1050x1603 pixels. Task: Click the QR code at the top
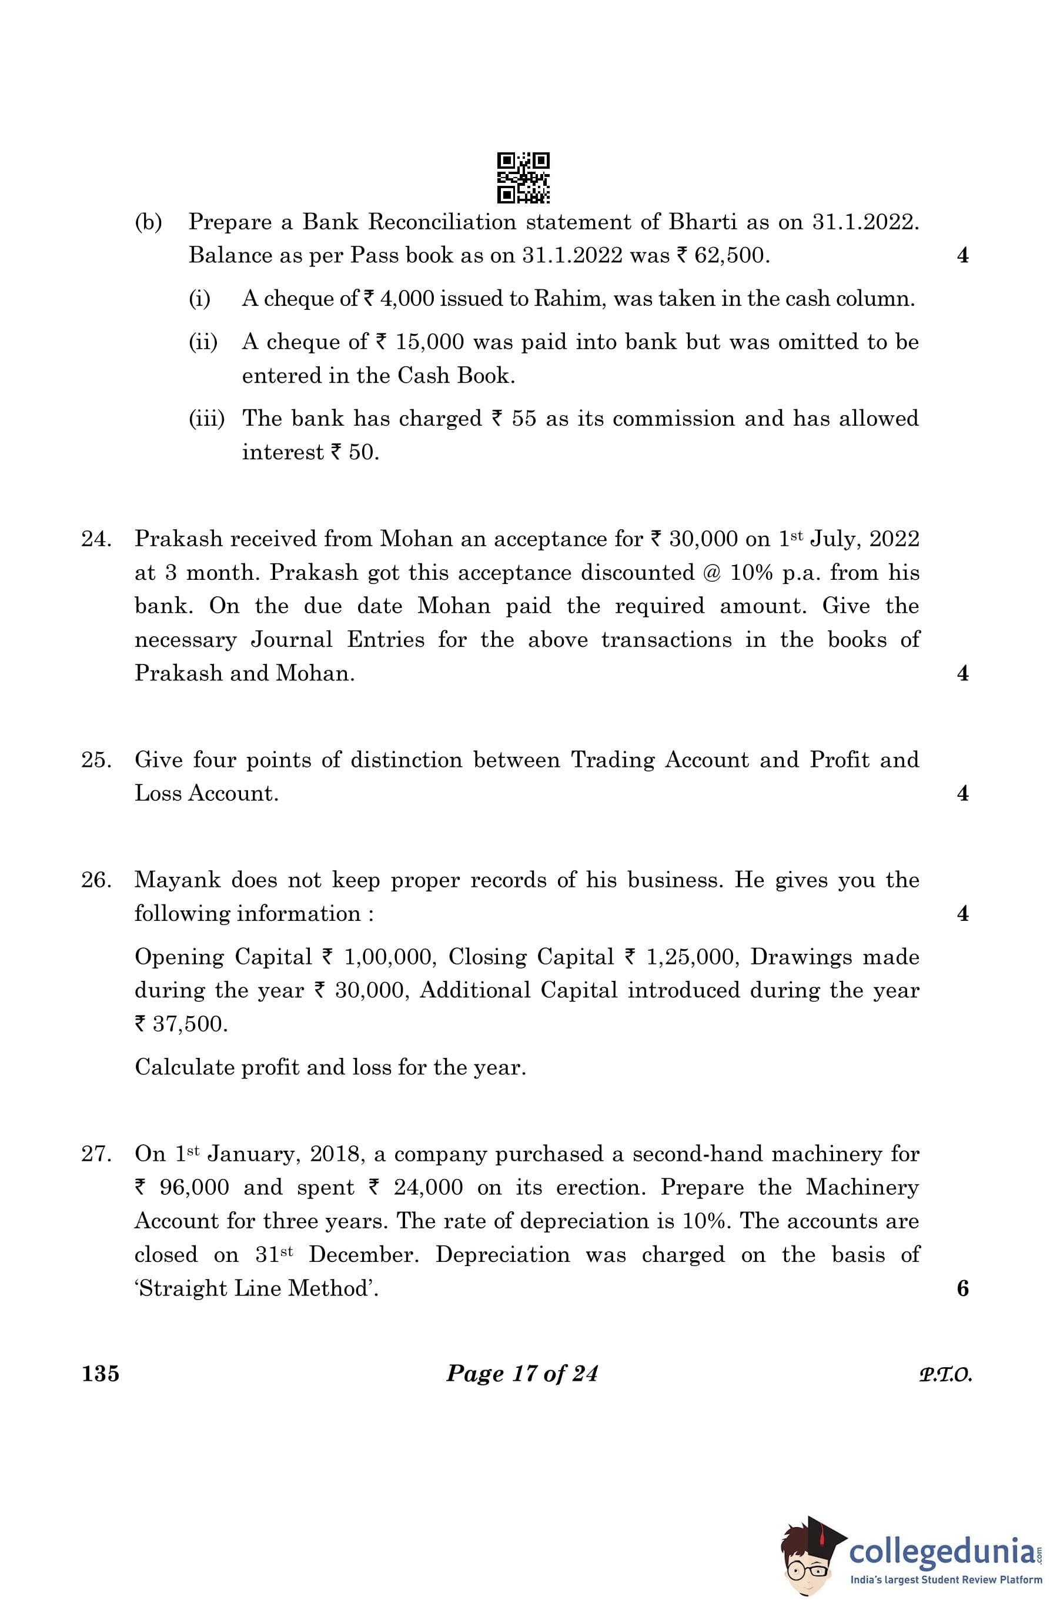523,178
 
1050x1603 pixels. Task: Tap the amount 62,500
730,255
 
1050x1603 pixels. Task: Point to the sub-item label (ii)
203,342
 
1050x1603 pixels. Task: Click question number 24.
96,539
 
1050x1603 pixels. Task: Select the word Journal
292,639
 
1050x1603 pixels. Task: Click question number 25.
96,760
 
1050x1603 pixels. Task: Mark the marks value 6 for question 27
962,1288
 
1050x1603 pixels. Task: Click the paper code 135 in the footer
101,1372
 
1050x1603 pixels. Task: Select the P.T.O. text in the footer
945,1374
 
